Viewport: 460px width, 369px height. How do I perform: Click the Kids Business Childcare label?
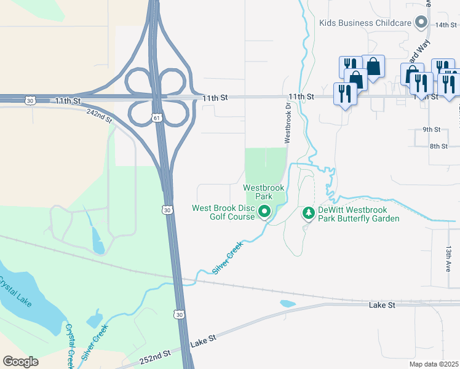365,23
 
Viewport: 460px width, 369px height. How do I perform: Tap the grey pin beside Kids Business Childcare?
421,23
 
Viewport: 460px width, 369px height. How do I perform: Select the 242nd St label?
100,115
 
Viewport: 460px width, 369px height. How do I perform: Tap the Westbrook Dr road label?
287,123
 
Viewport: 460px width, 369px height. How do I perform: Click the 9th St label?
431,130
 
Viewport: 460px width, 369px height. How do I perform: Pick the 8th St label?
438,146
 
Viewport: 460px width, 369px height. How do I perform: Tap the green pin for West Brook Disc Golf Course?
264,212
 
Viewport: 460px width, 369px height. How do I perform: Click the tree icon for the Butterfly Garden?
309,213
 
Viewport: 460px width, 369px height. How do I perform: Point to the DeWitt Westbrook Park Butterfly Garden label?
359,214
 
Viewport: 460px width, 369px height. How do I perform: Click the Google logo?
20,362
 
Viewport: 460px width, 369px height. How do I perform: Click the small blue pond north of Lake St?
287,303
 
